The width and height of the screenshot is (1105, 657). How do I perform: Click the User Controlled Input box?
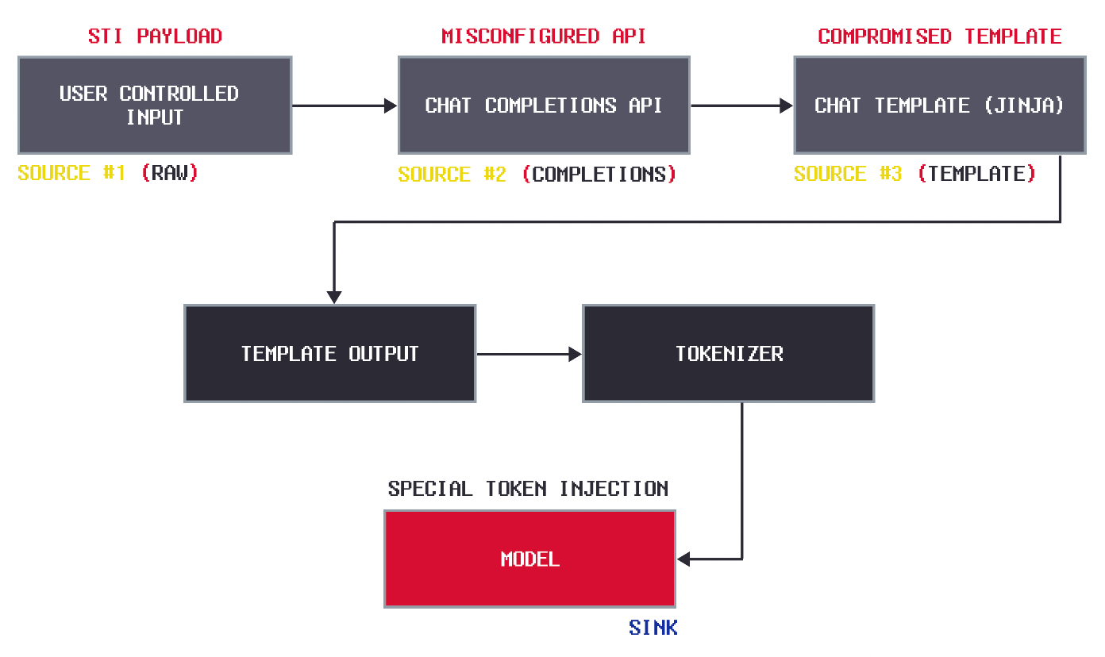coord(155,105)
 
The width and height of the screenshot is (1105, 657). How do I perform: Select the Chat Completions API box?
coord(544,105)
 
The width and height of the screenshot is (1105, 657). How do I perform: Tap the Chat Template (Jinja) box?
coord(940,105)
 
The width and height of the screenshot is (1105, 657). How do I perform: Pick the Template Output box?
coord(330,354)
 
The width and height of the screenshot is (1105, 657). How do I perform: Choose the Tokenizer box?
coord(729,354)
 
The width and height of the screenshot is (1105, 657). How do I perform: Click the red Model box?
coord(529,559)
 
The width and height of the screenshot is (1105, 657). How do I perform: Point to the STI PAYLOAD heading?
coord(155,36)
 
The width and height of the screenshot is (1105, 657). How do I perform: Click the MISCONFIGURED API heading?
coord(544,36)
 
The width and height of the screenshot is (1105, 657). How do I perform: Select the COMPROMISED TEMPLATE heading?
coord(940,36)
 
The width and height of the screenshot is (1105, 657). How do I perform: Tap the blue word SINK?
coord(653,628)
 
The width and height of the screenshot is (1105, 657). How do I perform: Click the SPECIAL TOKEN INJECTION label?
coord(528,489)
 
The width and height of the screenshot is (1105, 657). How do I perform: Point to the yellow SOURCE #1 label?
coord(71,173)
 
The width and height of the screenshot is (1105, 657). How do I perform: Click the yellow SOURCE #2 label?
coord(452,175)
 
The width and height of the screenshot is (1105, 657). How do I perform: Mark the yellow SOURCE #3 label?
coord(848,174)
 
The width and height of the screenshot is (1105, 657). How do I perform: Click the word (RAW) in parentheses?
coord(170,173)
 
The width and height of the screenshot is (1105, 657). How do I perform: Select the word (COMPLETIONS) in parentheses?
coord(599,175)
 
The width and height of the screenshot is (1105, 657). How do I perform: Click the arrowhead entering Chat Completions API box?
coord(391,106)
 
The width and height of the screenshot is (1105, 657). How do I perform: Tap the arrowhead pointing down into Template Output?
coord(334,298)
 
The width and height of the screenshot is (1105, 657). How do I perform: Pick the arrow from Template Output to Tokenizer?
coord(529,354)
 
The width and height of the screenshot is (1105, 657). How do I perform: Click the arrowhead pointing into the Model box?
coord(683,559)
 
